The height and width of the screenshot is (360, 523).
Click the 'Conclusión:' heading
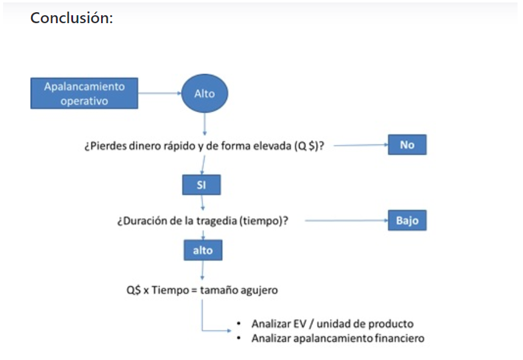71,18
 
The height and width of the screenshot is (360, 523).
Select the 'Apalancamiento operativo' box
84,94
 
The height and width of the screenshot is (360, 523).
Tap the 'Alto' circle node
204,94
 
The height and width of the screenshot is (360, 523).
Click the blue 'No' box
407,145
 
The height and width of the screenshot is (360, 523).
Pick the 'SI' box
201,185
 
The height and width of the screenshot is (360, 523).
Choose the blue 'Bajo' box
407,221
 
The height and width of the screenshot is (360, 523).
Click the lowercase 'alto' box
203,250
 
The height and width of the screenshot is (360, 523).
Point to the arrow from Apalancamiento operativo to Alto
160,94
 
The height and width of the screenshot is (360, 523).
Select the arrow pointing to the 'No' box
359,146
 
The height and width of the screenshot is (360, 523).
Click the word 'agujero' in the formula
259,290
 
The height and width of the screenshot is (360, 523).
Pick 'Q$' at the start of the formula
133,290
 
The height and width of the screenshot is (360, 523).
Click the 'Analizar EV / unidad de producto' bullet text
332,324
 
